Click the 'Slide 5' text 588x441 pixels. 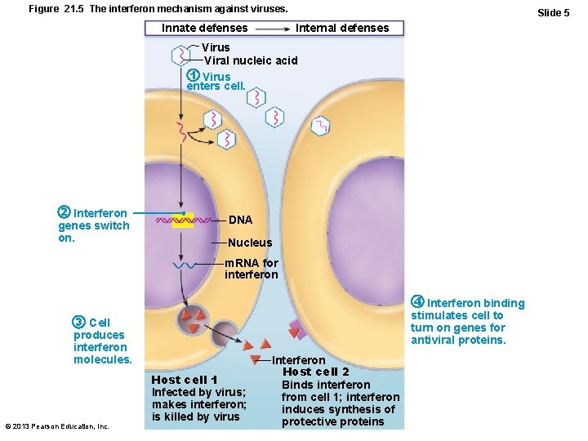click(553, 12)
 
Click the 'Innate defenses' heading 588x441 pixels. click(205, 28)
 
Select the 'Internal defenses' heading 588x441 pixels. click(342, 28)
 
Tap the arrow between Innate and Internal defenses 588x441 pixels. click(271, 28)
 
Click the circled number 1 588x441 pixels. click(194, 77)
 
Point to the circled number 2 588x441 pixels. click(64, 214)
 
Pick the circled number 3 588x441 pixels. click(78, 322)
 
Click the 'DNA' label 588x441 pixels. click(240, 220)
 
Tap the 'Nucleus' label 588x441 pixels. click(250, 243)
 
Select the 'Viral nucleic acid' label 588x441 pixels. click(251, 60)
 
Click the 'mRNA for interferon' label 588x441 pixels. click(252, 269)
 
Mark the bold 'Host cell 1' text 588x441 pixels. click(185, 380)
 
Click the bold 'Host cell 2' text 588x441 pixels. click(315, 372)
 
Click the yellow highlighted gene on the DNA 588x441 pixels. click(182, 220)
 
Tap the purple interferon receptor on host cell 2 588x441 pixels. click(297, 329)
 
